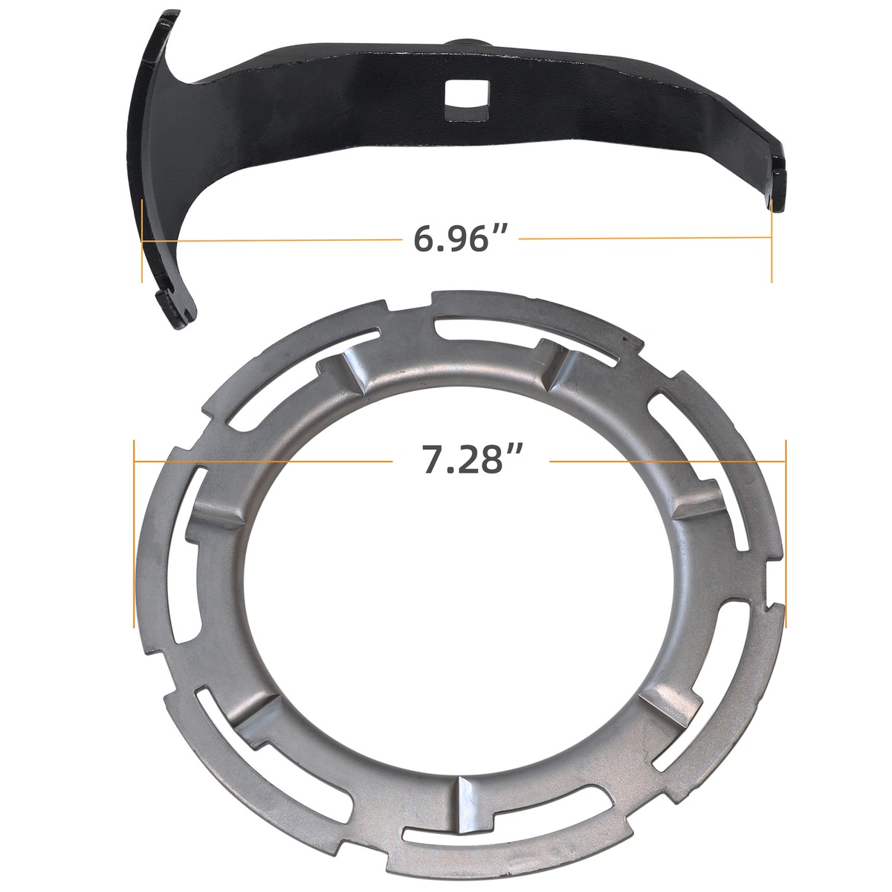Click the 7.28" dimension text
coord(470,461)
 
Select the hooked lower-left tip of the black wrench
coord(175,308)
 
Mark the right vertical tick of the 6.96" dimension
coord(772,239)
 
